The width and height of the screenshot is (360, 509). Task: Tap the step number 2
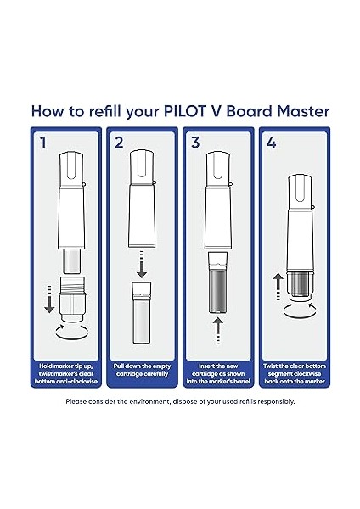coord(120,143)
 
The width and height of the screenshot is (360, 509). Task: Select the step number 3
coord(195,143)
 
